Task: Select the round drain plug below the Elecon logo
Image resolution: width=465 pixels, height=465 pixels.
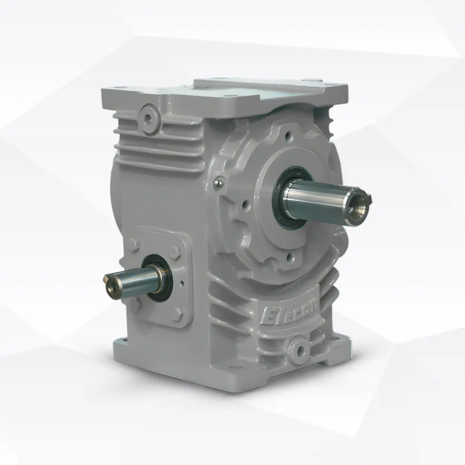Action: (x=299, y=349)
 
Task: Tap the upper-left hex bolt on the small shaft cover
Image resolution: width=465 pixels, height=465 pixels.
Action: (x=133, y=245)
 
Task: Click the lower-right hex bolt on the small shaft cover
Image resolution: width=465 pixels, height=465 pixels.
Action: (x=178, y=313)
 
